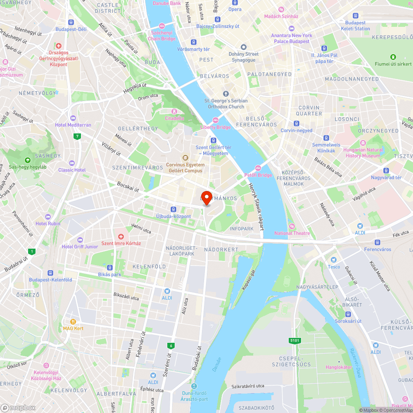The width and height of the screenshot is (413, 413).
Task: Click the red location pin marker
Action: (206, 197)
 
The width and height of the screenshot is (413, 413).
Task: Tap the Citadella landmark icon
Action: (174, 111)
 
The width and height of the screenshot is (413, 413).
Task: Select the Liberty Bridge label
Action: (216, 127)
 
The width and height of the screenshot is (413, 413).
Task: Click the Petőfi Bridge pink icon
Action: (258, 168)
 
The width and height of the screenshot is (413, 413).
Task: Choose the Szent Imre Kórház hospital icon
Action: (121, 237)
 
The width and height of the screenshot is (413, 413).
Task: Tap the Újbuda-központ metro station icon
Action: (173, 209)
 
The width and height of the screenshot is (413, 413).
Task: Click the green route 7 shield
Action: (77, 137)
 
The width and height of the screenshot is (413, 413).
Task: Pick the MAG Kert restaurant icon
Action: (74, 322)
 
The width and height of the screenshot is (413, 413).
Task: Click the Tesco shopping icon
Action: (334, 260)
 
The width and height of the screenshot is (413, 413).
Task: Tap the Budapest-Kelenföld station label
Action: (50, 280)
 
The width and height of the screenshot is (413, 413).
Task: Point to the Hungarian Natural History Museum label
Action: (363, 153)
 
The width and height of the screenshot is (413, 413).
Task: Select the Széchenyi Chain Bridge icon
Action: (162, 26)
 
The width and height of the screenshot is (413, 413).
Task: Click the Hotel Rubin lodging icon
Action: (48, 217)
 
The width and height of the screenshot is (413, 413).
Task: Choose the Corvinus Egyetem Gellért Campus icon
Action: (185, 158)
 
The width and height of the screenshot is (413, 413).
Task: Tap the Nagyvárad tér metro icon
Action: (386, 171)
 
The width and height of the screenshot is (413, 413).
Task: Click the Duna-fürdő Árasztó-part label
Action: (194, 396)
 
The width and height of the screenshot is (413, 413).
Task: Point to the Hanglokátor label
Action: (339, 367)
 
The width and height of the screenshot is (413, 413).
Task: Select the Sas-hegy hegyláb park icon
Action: (28, 160)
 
